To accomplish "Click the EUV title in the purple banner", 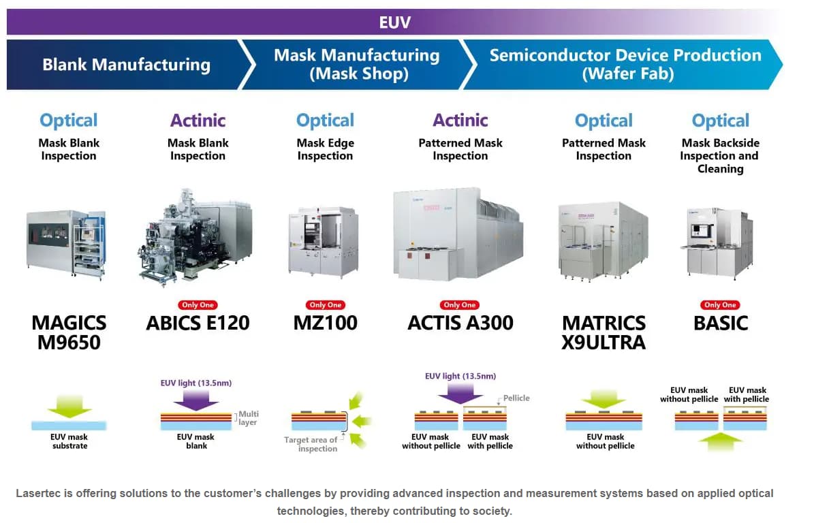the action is [x=394, y=22].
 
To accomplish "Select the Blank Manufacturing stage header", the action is [x=126, y=65].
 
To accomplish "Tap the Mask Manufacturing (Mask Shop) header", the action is [x=357, y=64].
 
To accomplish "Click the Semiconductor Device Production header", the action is [x=625, y=64].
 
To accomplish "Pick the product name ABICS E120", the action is [x=198, y=323].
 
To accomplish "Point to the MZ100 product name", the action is [x=325, y=323].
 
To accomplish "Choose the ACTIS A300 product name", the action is [x=460, y=323].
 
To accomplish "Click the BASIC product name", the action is [x=721, y=323].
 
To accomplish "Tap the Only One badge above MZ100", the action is [x=326, y=305].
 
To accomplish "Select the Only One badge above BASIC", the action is [x=721, y=305].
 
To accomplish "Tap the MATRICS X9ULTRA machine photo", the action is [x=604, y=242].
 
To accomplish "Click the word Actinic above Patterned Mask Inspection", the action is [x=460, y=121].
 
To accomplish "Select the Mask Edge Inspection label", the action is [x=326, y=149].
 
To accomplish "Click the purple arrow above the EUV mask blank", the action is [x=196, y=400].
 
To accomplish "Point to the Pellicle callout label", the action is [x=516, y=398].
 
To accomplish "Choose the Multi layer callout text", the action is [x=249, y=418].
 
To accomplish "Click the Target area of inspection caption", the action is [x=311, y=444].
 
